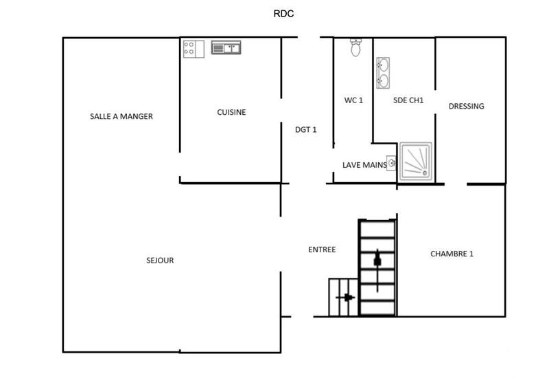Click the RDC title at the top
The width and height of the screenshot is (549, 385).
(x=283, y=13)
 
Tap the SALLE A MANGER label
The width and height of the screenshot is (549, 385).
(x=121, y=116)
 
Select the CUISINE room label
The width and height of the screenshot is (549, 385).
(x=231, y=112)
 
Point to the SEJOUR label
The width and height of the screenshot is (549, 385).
(x=160, y=261)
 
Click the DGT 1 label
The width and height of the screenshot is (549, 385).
(x=305, y=129)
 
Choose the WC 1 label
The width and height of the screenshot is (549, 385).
(x=353, y=100)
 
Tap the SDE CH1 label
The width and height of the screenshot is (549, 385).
(x=408, y=100)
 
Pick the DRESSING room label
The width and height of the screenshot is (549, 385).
(x=466, y=106)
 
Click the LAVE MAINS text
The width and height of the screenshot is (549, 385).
(x=364, y=165)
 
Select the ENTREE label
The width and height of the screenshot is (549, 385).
(x=322, y=250)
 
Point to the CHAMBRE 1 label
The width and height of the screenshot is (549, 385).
(x=452, y=254)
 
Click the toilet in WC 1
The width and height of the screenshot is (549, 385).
(x=355, y=47)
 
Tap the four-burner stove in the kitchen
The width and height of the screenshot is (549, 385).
(x=192, y=48)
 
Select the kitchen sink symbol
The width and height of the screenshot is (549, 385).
(x=226, y=47)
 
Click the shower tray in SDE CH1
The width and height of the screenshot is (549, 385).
(x=417, y=162)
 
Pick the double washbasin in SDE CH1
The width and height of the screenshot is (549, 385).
(x=383, y=73)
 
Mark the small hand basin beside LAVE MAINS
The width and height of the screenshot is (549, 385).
(x=391, y=163)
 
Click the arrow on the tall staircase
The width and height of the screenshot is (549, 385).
(x=377, y=260)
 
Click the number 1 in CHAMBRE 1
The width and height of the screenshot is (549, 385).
(x=471, y=254)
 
